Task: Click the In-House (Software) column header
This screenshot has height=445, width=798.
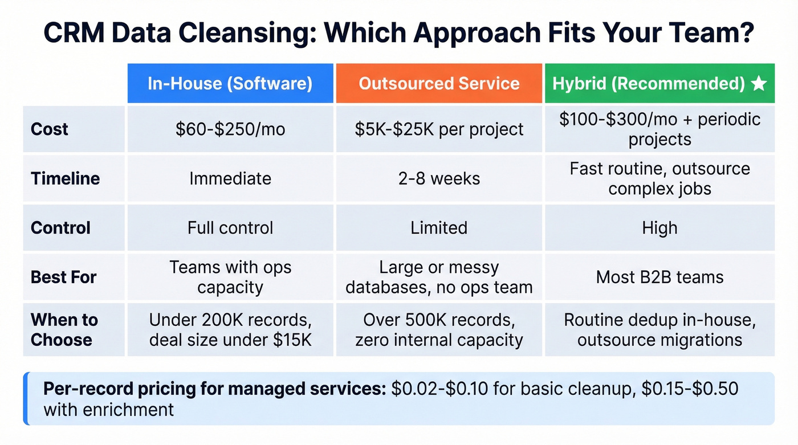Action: [230, 84]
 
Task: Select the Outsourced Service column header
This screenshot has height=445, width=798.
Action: [439, 84]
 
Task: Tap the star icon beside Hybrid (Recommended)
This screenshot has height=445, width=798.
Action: [759, 84]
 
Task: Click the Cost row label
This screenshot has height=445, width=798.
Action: [50, 129]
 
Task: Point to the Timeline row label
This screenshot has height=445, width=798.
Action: [65, 178]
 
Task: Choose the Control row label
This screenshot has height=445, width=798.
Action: [60, 228]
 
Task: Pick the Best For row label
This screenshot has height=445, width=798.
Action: [64, 277]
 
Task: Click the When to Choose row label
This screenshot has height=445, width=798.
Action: [64, 329]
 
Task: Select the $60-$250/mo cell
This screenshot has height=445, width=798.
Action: [230, 129]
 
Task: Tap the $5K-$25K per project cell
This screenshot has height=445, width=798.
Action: [439, 129]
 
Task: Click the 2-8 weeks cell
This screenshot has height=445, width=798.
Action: [439, 178]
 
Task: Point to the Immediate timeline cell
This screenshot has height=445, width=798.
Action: [230, 178]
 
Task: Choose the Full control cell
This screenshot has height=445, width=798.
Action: [230, 228]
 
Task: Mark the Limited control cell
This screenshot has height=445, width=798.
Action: [439, 228]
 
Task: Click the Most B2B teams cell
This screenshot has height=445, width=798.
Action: [659, 277]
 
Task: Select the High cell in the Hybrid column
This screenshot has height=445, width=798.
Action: [659, 228]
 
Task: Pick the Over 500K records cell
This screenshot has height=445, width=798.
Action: [439, 329]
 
